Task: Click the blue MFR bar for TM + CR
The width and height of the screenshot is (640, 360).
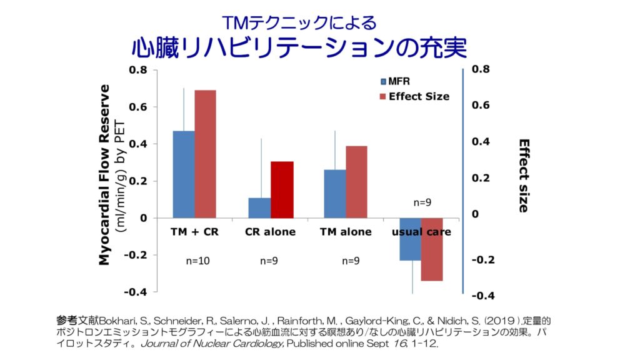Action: coord(183,174)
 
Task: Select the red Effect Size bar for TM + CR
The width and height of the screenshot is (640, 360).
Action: coord(205,154)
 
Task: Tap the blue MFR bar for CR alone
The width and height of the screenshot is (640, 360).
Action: coord(259,207)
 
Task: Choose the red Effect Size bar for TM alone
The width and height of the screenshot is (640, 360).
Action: coord(356,182)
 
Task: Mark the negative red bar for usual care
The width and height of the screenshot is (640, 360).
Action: coord(432,249)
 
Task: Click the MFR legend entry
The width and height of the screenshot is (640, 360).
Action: coord(394,81)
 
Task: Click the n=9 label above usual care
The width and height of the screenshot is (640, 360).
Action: coord(423,202)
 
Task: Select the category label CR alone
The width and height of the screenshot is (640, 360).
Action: coord(270,232)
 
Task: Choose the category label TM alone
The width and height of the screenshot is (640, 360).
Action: coord(346,232)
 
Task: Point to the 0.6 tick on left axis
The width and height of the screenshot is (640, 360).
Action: coord(138,107)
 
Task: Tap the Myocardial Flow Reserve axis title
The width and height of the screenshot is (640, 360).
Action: coord(105,175)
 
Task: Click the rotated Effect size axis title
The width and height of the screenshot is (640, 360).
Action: coord(524,176)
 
